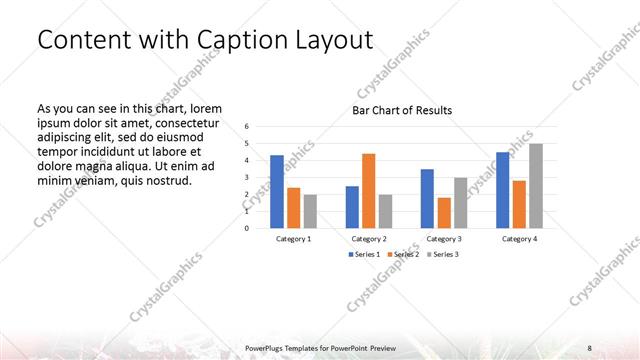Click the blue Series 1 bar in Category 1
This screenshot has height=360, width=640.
[x=276, y=191]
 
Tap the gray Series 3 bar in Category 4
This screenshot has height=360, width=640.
[x=536, y=185]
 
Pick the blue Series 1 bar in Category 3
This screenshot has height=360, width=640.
[x=427, y=198]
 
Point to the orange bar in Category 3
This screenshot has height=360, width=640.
[x=444, y=212]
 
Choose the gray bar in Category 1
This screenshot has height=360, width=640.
[x=310, y=210]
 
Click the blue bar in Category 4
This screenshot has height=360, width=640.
[x=502, y=189]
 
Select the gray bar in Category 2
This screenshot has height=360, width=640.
[x=385, y=210]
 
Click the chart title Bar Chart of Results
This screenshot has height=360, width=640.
[x=402, y=110]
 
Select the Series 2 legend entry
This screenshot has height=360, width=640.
[x=403, y=255]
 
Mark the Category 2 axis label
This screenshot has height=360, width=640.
[x=369, y=239]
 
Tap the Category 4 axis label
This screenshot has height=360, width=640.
[x=519, y=239]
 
